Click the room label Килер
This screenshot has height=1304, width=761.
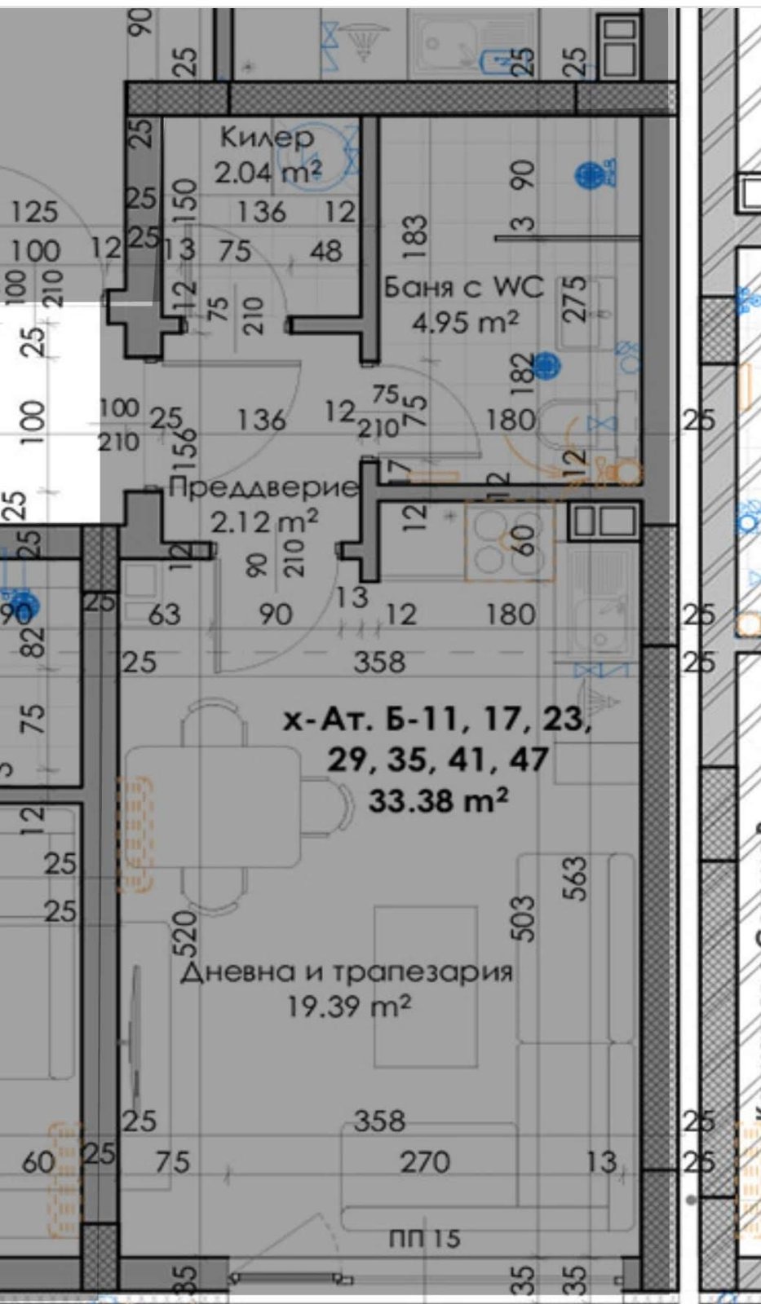(266, 137)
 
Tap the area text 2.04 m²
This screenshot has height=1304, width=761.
(268, 172)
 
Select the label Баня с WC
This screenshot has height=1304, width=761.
(462, 287)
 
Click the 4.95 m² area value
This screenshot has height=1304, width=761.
(464, 323)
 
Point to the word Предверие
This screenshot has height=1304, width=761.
(263, 487)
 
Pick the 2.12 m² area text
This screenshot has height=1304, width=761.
(263, 521)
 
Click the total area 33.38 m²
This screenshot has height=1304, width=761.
(438, 800)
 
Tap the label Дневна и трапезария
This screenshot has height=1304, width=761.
(346, 971)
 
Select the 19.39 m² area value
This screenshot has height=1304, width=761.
(347, 1007)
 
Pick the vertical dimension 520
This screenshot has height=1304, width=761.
(186, 934)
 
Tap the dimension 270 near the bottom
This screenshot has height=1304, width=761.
(424, 1161)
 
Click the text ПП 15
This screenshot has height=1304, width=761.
(424, 1239)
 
